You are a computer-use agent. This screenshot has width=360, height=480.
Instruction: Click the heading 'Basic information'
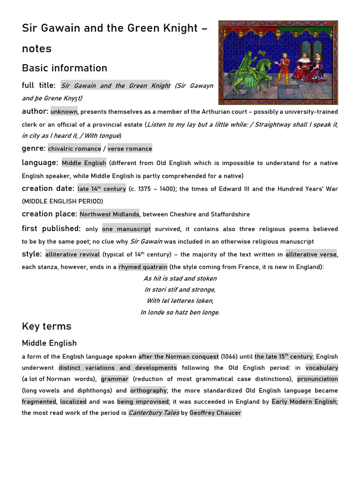(64, 68)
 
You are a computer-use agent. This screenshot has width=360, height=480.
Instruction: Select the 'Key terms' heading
(46, 326)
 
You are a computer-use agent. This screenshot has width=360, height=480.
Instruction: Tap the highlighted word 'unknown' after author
(64, 112)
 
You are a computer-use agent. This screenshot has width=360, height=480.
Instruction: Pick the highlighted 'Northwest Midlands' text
(109, 214)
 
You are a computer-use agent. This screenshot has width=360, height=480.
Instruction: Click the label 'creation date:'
(48, 188)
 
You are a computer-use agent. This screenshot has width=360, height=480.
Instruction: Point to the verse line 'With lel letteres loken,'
(180, 301)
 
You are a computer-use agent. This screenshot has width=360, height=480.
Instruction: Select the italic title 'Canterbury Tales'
(154, 413)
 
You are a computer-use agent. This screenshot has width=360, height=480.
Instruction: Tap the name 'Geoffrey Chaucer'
(215, 413)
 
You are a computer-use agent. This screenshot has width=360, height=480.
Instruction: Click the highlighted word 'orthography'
(148, 390)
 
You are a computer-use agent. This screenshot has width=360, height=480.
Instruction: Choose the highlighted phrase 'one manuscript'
(127, 229)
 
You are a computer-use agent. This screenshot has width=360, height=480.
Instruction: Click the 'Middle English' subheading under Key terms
(49, 343)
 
